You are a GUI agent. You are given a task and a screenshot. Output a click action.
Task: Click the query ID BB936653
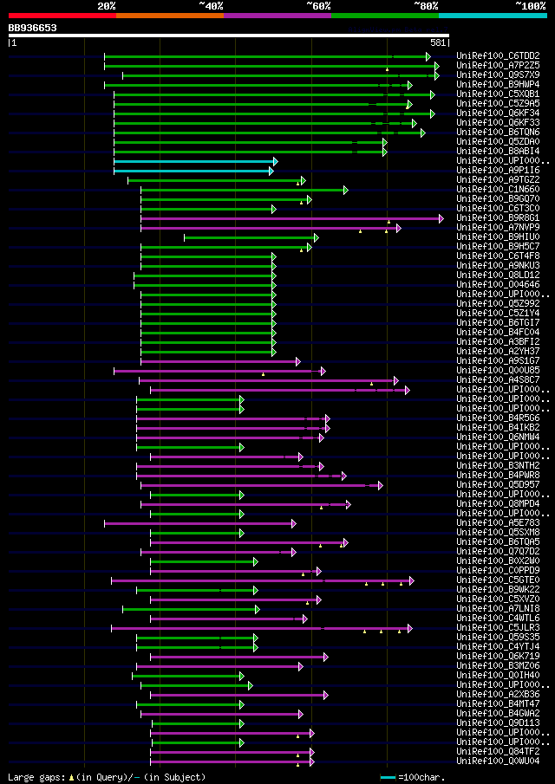(33, 28)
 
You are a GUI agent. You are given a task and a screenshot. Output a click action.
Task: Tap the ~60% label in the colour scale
(318, 6)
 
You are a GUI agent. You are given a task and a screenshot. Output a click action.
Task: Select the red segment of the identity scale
(62, 16)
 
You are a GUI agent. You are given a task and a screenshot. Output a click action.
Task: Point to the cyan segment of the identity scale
(492, 16)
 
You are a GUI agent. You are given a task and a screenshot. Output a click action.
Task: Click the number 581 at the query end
(438, 42)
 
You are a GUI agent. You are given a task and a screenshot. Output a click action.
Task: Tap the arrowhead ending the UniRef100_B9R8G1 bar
(441, 218)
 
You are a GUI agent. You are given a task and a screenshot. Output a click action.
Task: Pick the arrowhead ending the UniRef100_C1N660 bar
(345, 190)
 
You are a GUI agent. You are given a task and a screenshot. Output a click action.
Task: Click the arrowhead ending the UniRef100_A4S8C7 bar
(395, 380)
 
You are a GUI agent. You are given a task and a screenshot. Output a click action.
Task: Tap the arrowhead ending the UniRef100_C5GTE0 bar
(411, 580)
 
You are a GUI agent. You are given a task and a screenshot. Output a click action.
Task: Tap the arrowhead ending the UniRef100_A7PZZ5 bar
(437, 66)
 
